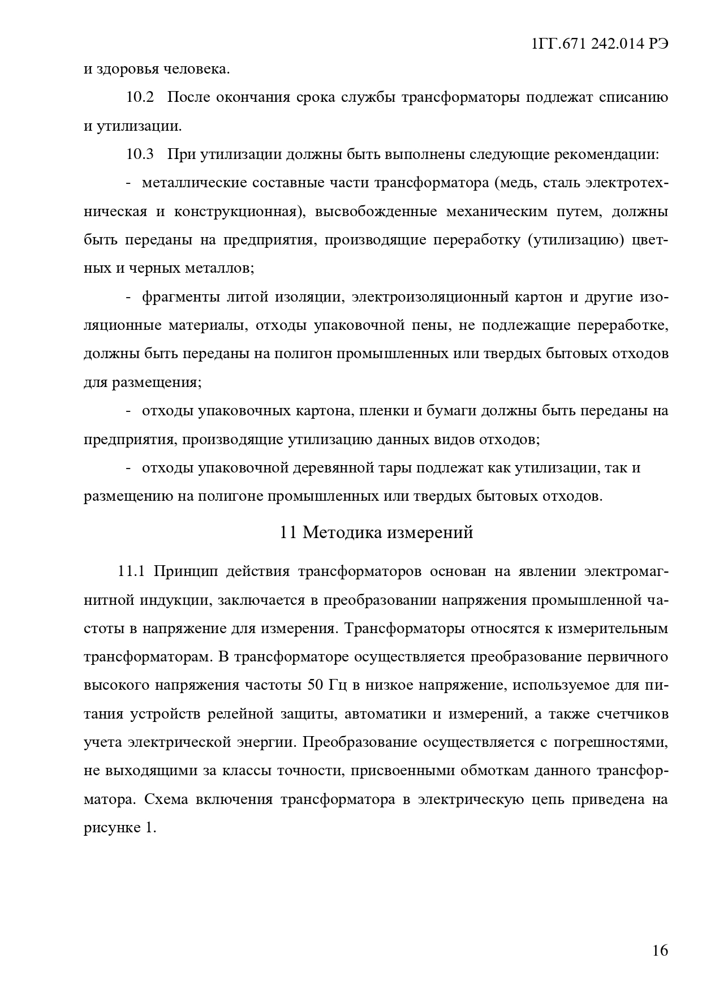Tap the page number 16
(x=660, y=950)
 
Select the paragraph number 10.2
(x=140, y=97)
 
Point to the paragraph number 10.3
(x=140, y=154)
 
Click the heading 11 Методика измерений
(x=376, y=532)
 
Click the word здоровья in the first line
(x=128, y=70)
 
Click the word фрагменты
(x=179, y=297)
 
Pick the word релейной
(x=239, y=713)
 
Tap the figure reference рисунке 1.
(x=119, y=828)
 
